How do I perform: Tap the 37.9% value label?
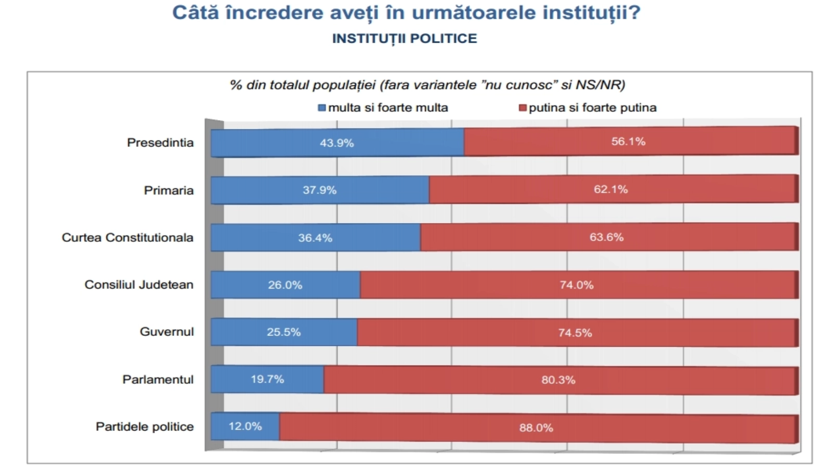coord(319,190)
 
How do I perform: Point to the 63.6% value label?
coord(606,237)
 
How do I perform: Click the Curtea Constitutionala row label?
coord(127,238)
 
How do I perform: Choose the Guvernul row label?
coord(166,332)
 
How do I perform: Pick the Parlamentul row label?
coord(158,380)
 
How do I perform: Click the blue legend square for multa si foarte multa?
coord(322,108)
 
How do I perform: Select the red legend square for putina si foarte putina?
coord(523,108)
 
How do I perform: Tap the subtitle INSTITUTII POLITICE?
coord(405,38)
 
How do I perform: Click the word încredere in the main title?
coord(274,12)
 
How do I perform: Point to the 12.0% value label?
coord(245,426)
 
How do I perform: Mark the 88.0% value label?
coord(536,428)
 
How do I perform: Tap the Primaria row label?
coord(168,190)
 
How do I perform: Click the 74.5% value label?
coord(575,333)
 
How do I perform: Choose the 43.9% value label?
coord(336,143)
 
